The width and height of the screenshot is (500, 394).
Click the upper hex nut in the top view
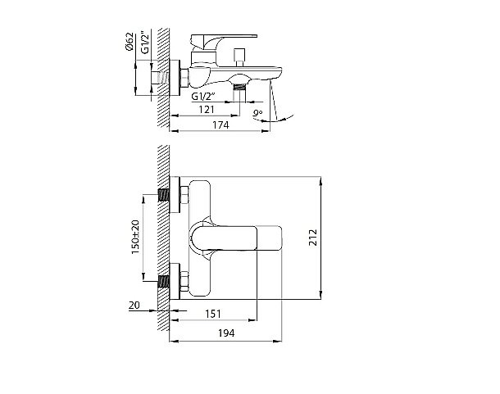(184, 196)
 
